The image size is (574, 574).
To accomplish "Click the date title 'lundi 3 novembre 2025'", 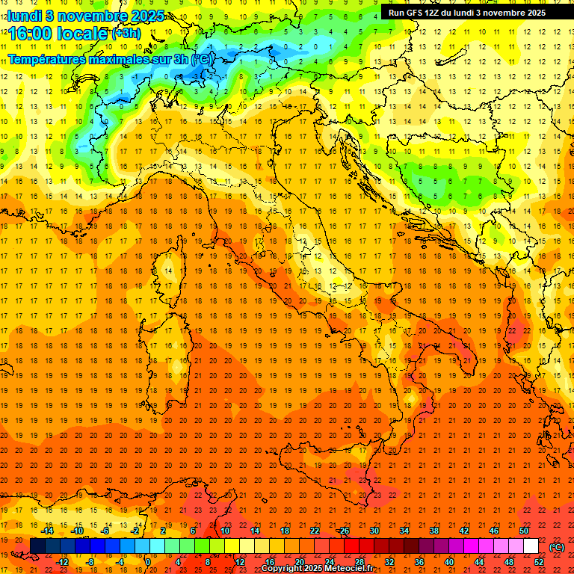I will click(76, 15).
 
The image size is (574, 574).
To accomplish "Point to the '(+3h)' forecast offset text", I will click(126, 34).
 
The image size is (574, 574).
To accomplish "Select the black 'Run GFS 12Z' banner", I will click(466, 12).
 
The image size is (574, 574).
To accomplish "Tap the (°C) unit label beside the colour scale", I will click(556, 547).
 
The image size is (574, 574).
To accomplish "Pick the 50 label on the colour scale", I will click(523, 531).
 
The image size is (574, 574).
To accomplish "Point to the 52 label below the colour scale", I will click(538, 562).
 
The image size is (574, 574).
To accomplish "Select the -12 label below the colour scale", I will click(62, 562).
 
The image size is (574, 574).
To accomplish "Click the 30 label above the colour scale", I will click(374, 531).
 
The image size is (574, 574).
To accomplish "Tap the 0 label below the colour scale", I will click(148, 562).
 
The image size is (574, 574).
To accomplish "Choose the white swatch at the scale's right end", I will click(531, 546).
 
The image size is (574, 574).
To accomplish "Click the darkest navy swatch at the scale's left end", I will click(37, 546).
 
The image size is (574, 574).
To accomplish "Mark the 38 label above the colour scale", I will click(433, 531).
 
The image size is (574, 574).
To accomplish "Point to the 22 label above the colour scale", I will click(314, 531).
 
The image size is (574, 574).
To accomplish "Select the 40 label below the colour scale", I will click(448, 562).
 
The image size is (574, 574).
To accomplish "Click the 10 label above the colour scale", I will click(224, 531).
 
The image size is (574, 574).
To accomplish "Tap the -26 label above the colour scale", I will click(343, 531).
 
